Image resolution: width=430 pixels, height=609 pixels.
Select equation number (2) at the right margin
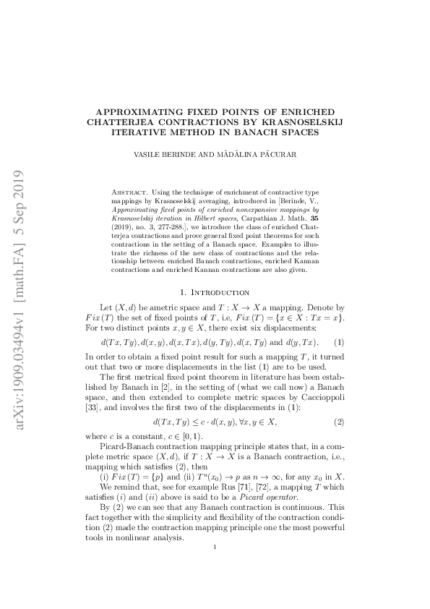click(x=338, y=421)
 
